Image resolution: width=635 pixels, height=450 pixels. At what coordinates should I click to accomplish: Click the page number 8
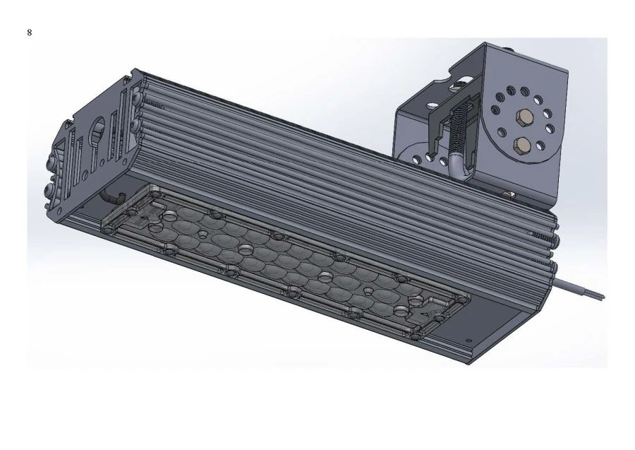click(30, 33)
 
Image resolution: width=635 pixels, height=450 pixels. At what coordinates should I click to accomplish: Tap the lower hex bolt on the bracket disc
click(523, 146)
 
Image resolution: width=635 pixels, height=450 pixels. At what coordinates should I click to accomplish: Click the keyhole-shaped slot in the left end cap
click(97, 138)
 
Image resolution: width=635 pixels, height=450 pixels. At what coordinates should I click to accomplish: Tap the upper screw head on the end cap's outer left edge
click(51, 163)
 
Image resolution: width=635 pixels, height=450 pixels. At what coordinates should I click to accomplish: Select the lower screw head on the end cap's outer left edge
click(49, 189)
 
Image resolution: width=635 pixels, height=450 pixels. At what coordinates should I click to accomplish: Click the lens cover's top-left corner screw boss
click(150, 189)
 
